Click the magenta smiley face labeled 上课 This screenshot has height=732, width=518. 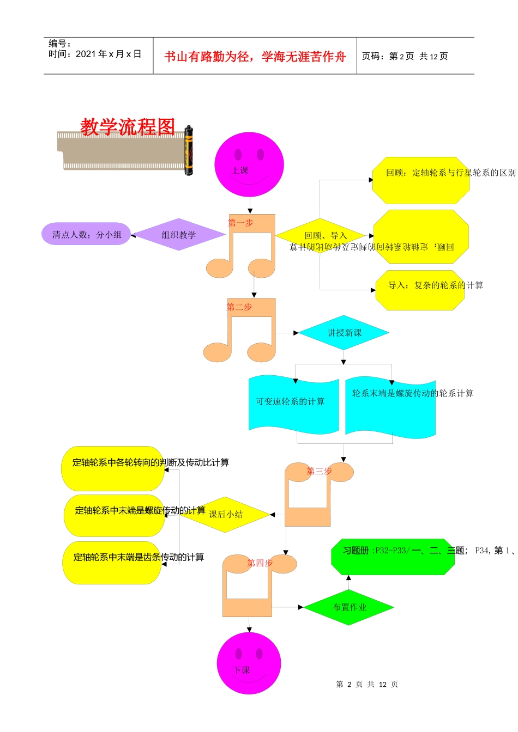pos(249,164)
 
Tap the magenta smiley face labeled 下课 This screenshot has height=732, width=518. pos(249,663)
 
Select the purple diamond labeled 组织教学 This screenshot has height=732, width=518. pos(178,235)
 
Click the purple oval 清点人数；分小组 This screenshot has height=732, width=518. pos(86,234)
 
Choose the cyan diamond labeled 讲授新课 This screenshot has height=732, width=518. pos(344,333)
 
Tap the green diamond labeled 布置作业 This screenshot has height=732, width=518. pos(349,607)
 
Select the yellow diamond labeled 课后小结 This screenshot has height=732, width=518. pos(226,514)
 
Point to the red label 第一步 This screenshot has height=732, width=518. pos(240,223)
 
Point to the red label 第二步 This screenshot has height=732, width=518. pos(239,307)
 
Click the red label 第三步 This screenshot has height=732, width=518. pos(319,471)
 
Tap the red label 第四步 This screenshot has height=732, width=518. pos(260,563)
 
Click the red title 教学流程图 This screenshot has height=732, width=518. pos(128,127)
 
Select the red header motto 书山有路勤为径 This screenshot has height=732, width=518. pos(255,57)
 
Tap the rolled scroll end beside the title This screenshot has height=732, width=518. pos(189,150)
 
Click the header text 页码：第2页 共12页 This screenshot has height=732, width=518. pos(405,56)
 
